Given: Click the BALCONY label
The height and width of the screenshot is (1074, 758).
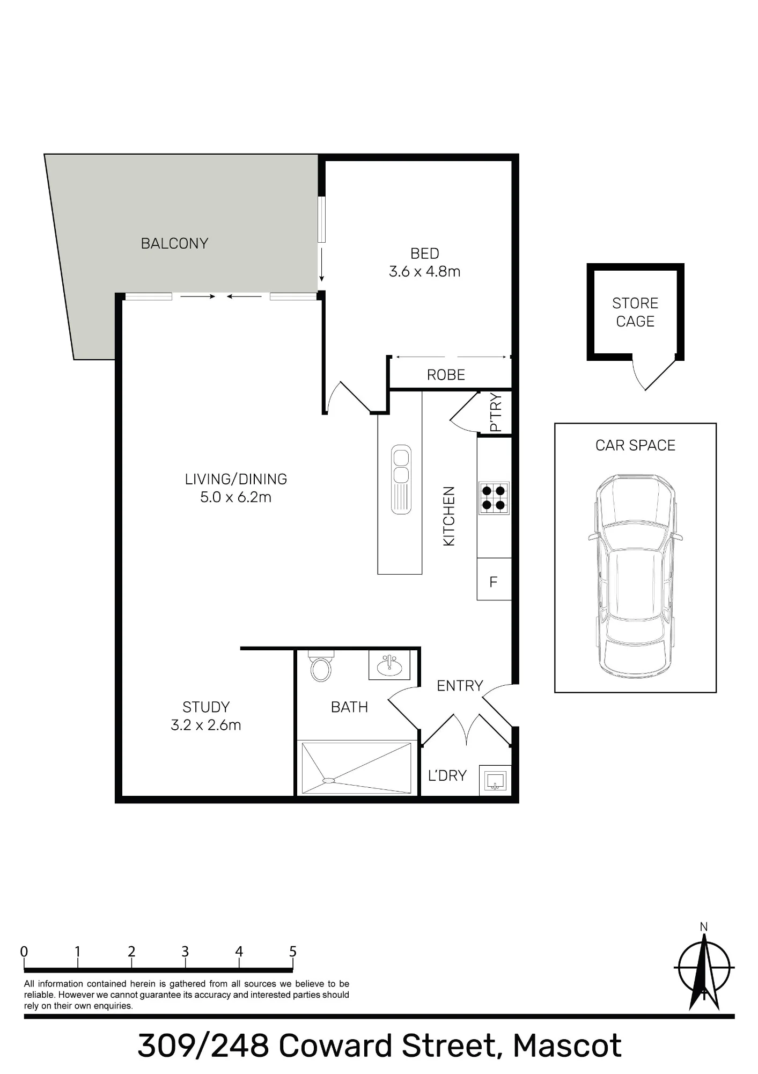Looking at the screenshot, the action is click(174, 243).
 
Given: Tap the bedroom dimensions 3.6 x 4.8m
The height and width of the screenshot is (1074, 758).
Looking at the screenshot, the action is click(424, 271).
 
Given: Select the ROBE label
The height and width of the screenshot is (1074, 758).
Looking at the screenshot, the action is click(446, 375).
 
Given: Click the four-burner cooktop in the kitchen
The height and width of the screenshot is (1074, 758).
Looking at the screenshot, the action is click(494, 497).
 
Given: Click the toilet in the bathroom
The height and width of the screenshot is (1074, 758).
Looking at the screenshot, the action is click(321, 666).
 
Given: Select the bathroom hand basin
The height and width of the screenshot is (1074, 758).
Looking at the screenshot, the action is click(389, 665).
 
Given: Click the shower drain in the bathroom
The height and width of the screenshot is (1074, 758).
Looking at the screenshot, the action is click(328, 780).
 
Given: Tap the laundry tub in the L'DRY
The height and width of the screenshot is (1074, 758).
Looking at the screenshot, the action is click(494, 780).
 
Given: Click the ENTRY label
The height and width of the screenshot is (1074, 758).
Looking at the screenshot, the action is click(460, 686).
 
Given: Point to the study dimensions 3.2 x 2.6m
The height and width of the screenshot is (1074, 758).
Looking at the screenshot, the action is click(206, 725).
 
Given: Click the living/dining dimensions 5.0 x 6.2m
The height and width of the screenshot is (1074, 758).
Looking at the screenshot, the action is click(236, 497).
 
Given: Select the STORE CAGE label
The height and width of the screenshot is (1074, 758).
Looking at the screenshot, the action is click(635, 312).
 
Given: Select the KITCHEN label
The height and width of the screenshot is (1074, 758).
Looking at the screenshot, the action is click(449, 516).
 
